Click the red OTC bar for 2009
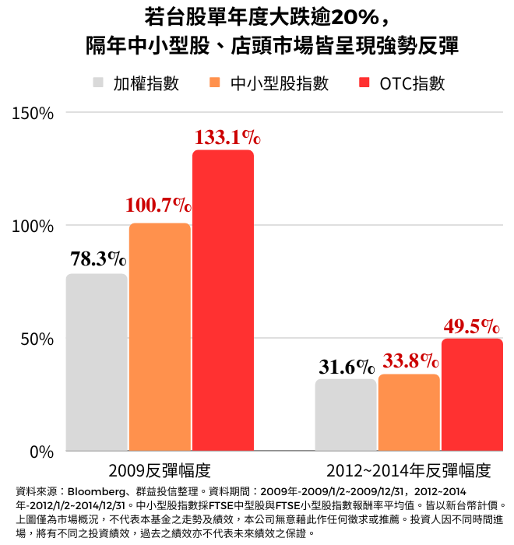[223, 301]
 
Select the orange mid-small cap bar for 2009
[160, 337]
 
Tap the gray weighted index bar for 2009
[97, 362]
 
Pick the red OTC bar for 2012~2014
[472, 395]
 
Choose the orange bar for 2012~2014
[409, 413]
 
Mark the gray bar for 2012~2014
[346, 415]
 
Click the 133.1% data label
[227, 138]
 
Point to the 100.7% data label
[158, 206]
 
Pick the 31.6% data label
[347, 365]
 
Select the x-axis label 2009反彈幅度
[160, 470]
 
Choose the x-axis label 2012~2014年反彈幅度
[409, 470]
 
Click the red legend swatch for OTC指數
[365, 84]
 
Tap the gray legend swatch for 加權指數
[99, 84]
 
